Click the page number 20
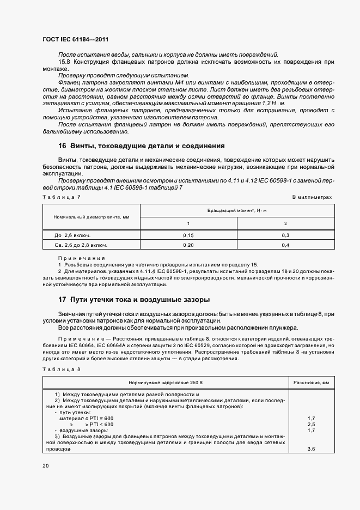click(45, 466)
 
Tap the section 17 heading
click(134, 300)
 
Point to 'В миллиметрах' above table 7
click(312, 197)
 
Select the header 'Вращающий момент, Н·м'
click(237, 210)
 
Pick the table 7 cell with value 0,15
click(188, 235)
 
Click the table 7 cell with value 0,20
click(188, 246)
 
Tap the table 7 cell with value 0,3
click(285, 235)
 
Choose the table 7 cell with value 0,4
click(285, 246)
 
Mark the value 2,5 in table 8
click(312, 424)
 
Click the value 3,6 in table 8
click(312, 448)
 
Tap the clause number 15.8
click(64, 62)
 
